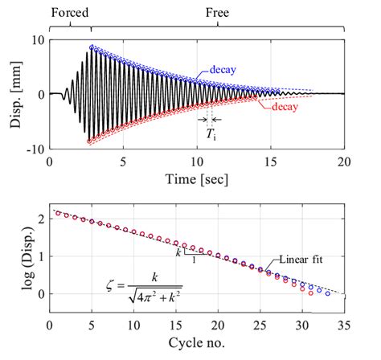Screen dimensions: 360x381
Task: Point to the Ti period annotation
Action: point(211,137)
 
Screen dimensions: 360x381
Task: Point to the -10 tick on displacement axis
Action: point(32,149)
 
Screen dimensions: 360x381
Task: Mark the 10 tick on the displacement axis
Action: point(35,39)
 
